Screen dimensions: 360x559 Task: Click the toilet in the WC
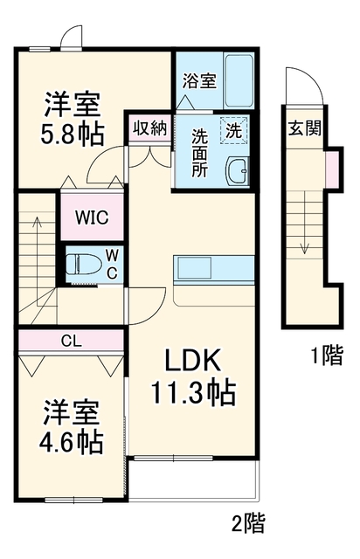[83, 264]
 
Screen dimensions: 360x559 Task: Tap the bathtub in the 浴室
[239, 80]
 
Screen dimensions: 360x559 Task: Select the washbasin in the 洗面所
[237, 171]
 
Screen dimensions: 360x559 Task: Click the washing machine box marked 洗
[233, 130]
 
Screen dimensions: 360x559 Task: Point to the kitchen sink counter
[214, 270]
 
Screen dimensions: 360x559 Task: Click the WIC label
[92, 217]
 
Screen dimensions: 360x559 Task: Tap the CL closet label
[72, 342]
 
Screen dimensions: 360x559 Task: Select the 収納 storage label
[149, 128]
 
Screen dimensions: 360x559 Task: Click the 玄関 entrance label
[304, 128]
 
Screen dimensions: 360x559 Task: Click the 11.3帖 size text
[194, 392]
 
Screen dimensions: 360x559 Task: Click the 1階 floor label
[327, 355]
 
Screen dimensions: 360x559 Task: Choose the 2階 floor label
[248, 523]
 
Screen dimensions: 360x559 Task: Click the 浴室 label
[199, 81]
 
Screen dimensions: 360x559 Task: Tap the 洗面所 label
[200, 152]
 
